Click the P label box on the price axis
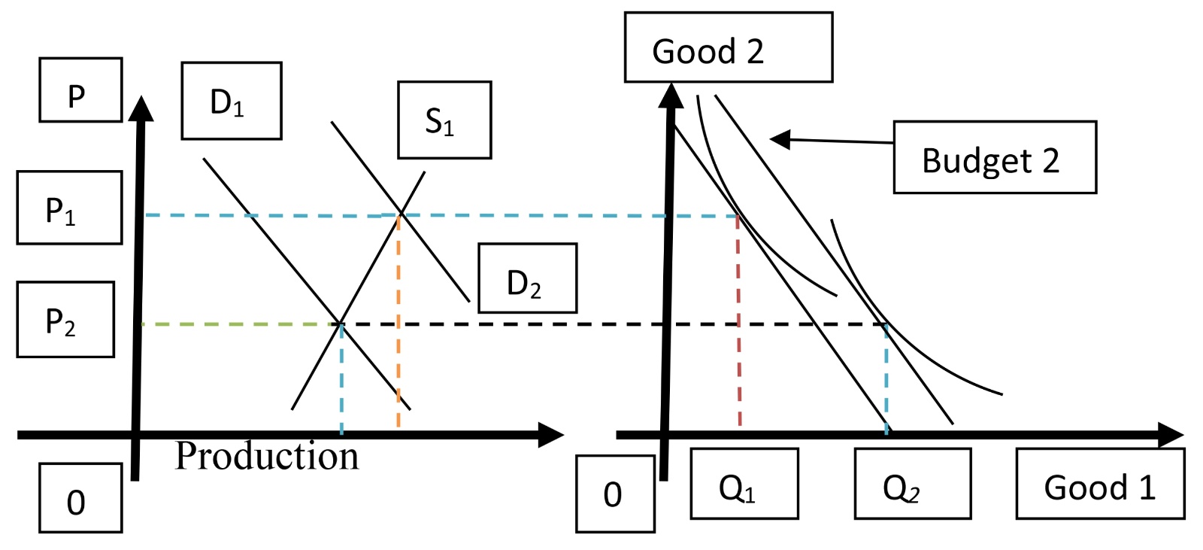tap(80, 90)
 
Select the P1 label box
tap(69, 208)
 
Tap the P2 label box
tap(65, 319)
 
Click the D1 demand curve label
tap(232, 101)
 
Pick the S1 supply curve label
tap(444, 120)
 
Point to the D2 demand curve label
tap(528, 278)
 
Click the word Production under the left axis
tap(267, 456)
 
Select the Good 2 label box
tap(728, 47)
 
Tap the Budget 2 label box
tap(994, 157)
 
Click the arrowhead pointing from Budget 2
tap(780, 138)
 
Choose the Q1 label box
tap(744, 484)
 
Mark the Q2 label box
tap(912, 484)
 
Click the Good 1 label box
tap(1100, 484)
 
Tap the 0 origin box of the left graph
tap(80, 498)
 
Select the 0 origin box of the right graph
tap(615, 494)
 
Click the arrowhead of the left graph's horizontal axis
tap(553, 435)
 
